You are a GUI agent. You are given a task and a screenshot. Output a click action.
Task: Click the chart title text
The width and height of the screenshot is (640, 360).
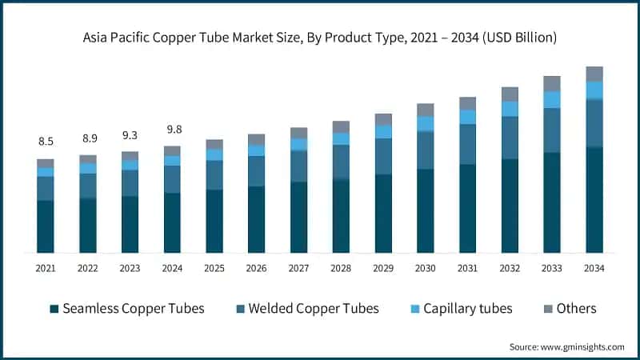[x=320, y=38]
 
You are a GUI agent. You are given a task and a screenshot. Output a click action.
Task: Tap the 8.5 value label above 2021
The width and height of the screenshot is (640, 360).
[x=46, y=142]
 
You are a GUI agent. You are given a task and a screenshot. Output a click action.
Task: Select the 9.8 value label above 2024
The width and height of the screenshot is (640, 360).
[x=172, y=129]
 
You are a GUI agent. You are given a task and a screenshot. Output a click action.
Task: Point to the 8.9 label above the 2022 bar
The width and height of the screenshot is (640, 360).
[x=88, y=138]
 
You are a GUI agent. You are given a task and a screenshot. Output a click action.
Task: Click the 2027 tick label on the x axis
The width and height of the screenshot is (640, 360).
[x=298, y=269]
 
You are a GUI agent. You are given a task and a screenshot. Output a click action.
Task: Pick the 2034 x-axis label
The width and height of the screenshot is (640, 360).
[x=594, y=269]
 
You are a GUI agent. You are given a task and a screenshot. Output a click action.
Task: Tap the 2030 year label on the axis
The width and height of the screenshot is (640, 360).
[x=425, y=269]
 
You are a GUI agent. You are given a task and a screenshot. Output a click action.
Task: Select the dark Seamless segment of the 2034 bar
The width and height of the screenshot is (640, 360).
[x=594, y=200]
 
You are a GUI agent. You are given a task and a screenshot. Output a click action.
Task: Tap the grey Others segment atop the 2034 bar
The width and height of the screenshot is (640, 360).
[x=594, y=74]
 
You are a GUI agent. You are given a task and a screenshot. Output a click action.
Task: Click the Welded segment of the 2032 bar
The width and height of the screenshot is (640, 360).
[x=510, y=138]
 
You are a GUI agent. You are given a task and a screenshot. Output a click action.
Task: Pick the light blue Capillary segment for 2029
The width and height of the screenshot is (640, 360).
[x=383, y=131]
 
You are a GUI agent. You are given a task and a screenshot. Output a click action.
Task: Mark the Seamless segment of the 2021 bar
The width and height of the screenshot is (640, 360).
[x=46, y=226]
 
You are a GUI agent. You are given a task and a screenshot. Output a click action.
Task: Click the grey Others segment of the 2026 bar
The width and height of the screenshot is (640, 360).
[x=256, y=139]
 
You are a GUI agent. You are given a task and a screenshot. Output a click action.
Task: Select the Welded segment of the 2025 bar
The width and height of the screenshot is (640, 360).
[x=214, y=174]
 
